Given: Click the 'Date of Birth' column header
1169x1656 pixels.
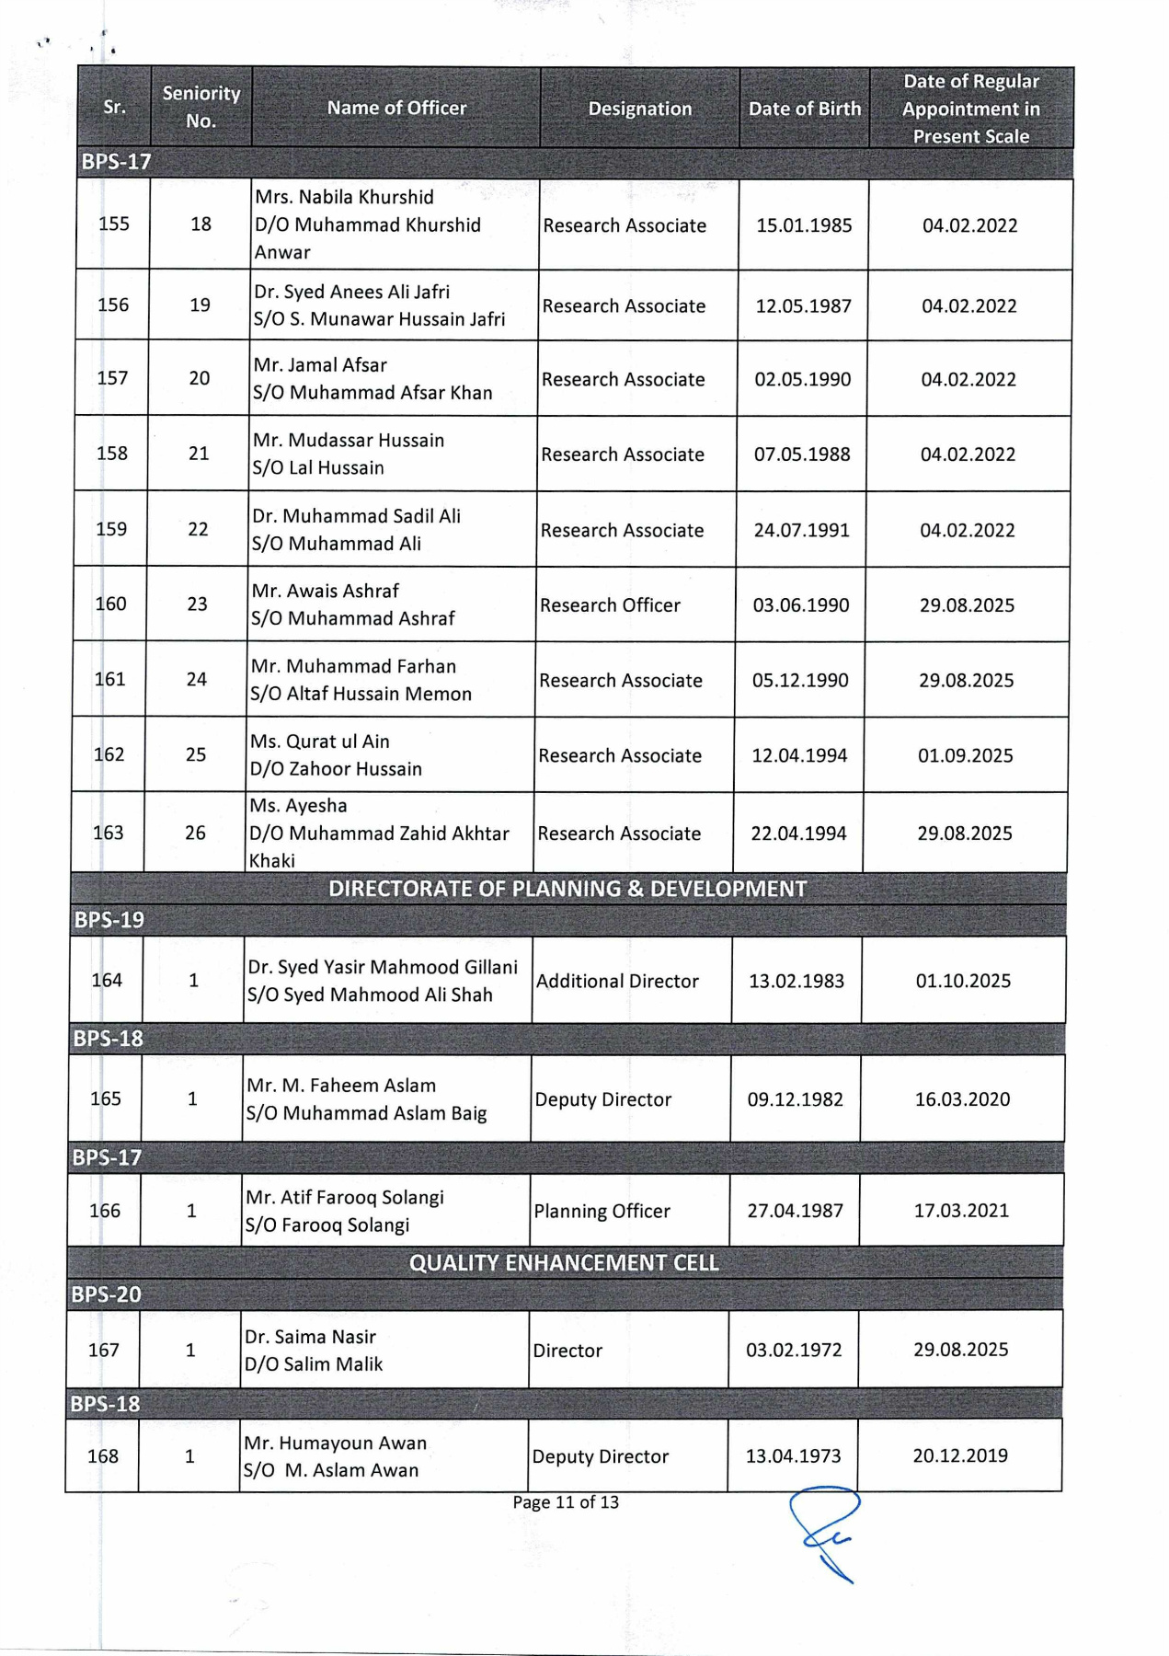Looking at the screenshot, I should click(x=804, y=109).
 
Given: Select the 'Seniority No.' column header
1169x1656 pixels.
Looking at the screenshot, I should click(x=201, y=107).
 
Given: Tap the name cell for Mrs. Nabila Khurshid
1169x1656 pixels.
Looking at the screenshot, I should click(x=368, y=224).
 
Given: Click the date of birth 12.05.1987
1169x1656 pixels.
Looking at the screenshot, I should click(x=803, y=305).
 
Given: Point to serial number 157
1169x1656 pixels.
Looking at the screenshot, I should click(x=112, y=378).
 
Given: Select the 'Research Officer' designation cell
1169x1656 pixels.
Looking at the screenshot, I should click(x=610, y=605).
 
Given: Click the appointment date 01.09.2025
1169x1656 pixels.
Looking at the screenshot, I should click(x=965, y=755).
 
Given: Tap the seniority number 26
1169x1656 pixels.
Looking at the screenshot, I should click(x=195, y=833).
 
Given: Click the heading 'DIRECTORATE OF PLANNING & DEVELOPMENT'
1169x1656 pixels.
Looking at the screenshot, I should click(x=567, y=889).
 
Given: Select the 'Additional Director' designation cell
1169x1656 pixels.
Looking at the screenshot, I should click(x=617, y=982).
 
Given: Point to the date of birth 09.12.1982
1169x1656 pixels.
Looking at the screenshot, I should click(x=795, y=1099).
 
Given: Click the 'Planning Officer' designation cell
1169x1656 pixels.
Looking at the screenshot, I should click(x=602, y=1212).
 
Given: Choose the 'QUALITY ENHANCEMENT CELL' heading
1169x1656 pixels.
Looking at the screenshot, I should click(x=564, y=1263).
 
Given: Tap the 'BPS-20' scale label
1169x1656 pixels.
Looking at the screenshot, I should click(x=107, y=1295).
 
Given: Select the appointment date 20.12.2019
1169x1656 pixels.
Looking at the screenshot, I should click(x=959, y=1456).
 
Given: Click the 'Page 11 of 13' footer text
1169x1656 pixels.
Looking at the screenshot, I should click(x=566, y=1502).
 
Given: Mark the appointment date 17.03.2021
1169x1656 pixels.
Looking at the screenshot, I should click(x=960, y=1211).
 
